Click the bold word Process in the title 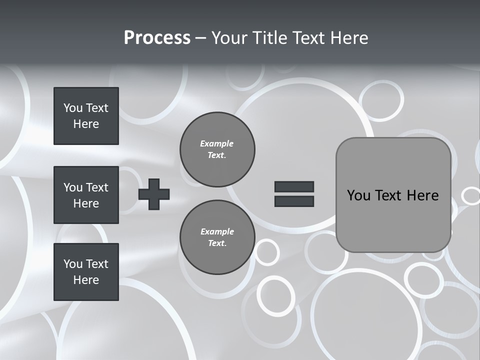pyautogui.click(x=157, y=38)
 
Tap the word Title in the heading pyautogui.click(x=272, y=38)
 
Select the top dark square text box pyautogui.click(x=86, y=116)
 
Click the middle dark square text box pyautogui.click(x=86, y=195)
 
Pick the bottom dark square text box pyautogui.click(x=86, y=272)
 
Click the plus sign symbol pyautogui.click(x=154, y=194)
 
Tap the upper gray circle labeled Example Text pyautogui.click(x=217, y=149)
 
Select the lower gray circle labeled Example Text pyautogui.click(x=217, y=237)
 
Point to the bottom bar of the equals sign pyautogui.click(x=294, y=201)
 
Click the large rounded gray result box pyautogui.click(x=393, y=220)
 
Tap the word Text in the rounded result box pyautogui.click(x=389, y=195)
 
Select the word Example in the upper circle pyautogui.click(x=216, y=143)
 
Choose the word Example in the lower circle pyautogui.click(x=217, y=231)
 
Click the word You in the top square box pyautogui.click(x=72, y=108)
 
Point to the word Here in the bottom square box pyautogui.click(x=86, y=280)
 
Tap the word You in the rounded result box pyautogui.click(x=358, y=195)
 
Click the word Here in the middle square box pyautogui.click(x=86, y=203)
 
